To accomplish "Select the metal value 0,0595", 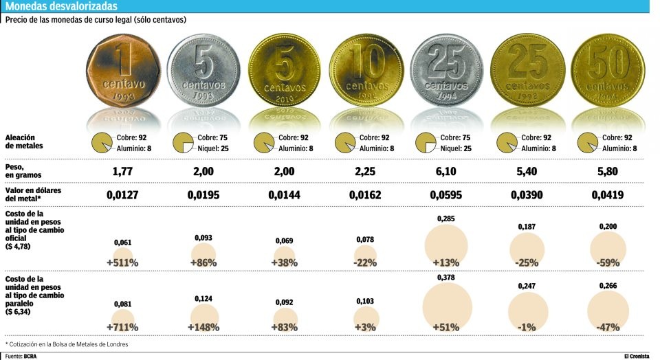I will tap(446, 195).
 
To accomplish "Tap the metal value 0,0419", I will tap(608, 195).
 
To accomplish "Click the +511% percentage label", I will tap(123, 262).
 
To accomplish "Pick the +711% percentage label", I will tap(123, 327).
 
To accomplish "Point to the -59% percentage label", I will tap(608, 262).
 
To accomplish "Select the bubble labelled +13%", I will tap(446, 246).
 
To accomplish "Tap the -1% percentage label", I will tap(527, 327).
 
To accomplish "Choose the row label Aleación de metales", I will tap(24, 142).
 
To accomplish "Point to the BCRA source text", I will tap(30, 356).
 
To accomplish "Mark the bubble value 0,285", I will tap(446, 218).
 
